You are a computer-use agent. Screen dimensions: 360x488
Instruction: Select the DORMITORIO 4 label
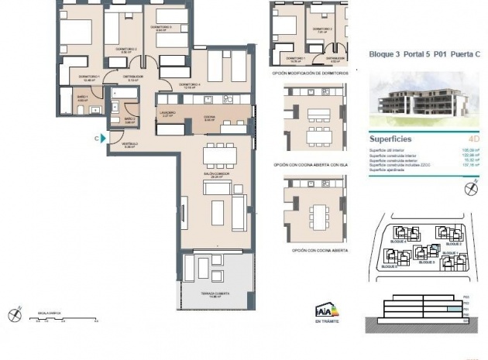(190, 84)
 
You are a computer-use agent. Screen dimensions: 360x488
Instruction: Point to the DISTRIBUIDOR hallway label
(133, 77)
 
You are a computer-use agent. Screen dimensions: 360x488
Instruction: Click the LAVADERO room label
(168, 113)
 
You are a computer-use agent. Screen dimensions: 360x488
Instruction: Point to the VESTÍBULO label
(129, 145)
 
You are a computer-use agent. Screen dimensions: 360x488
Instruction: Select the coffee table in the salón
(218, 209)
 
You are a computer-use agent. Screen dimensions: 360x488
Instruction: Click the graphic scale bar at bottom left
(65, 316)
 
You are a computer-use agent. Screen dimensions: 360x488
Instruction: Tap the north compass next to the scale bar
(13, 314)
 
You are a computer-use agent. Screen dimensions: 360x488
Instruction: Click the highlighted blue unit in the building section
(450, 310)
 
